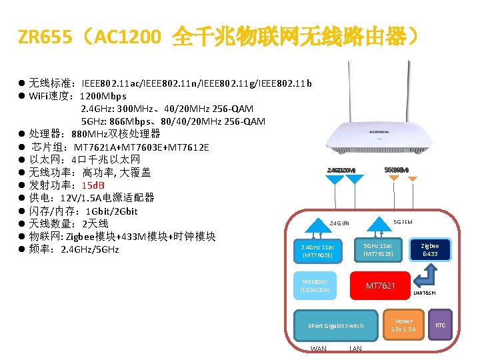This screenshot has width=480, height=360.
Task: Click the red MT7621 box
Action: [x=380, y=285]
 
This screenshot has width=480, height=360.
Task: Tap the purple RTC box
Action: [x=440, y=325]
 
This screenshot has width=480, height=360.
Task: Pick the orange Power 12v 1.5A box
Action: [x=403, y=325]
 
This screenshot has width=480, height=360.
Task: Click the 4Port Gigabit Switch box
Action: [x=335, y=325]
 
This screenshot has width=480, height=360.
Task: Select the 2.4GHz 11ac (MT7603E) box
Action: [x=317, y=251]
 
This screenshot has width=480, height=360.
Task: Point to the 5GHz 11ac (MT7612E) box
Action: [x=377, y=250]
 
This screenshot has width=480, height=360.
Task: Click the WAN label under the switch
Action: [x=319, y=349]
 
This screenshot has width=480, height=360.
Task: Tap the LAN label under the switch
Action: [x=355, y=349]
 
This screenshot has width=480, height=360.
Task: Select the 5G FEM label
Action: [x=403, y=222]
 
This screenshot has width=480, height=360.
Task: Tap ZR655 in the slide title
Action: [x=45, y=39]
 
